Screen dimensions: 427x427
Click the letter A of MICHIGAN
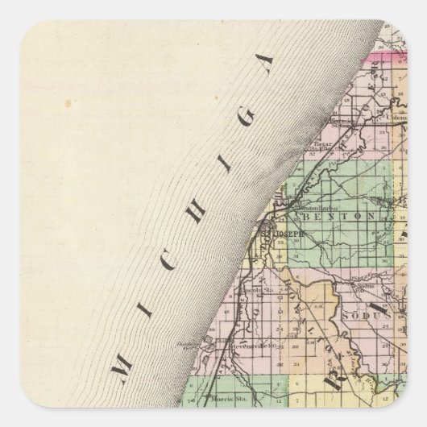[x=265, y=70]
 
